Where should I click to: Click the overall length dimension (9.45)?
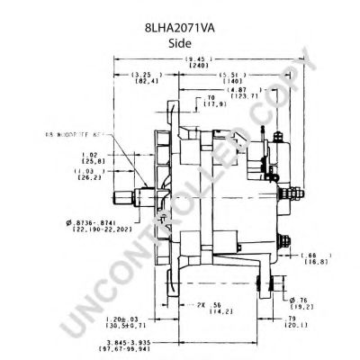tap(193, 59)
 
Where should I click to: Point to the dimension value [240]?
tap(193, 67)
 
